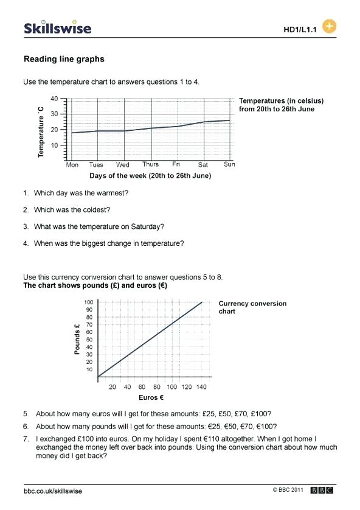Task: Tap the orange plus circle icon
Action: [329, 27]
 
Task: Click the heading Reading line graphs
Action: [64, 59]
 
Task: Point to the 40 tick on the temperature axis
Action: [54, 99]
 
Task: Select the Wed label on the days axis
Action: [122, 165]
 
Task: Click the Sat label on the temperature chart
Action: [203, 165]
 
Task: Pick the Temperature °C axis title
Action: [41, 131]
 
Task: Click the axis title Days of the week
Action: [150, 176]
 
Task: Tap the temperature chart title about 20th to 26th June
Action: [281, 105]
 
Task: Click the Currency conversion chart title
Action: [252, 307]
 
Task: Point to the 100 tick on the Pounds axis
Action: [89, 302]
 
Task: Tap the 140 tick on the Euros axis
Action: [202, 387]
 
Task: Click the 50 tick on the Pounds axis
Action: [90, 340]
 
